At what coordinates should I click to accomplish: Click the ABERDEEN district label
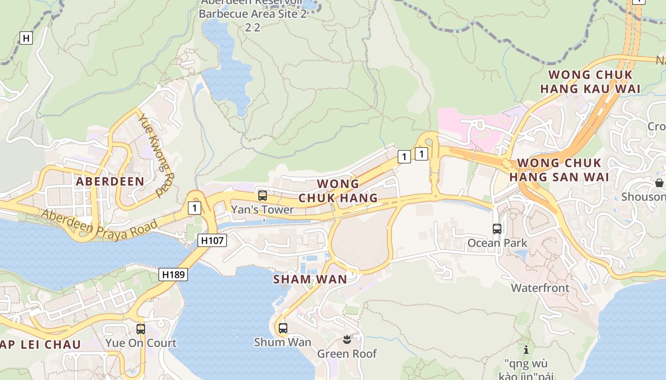click(x=110, y=181)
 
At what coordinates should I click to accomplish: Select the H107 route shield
click(x=212, y=240)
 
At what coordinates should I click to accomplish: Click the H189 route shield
click(x=173, y=274)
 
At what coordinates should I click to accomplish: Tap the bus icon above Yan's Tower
click(x=262, y=195)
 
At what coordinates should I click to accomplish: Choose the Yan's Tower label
click(x=262, y=209)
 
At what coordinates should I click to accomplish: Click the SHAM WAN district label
click(x=310, y=279)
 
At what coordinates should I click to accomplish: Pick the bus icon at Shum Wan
click(x=283, y=328)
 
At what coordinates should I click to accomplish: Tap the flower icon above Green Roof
click(x=347, y=340)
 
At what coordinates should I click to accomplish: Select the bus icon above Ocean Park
click(x=497, y=229)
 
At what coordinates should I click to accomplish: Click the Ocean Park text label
click(x=497, y=243)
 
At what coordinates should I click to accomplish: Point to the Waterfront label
click(x=540, y=288)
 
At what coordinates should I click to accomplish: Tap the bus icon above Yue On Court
click(x=141, y=329)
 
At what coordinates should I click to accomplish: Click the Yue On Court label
click(x=141, y=343)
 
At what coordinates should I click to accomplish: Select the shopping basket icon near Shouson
click(x=659, y=183)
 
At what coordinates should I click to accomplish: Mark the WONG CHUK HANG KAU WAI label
click(x=590, y=82)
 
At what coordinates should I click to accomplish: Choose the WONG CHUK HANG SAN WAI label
click(x=559, y=170)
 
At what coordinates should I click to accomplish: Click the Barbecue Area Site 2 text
click(x=253, y=14)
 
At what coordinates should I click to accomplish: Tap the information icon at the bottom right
click(x=526, y=350)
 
